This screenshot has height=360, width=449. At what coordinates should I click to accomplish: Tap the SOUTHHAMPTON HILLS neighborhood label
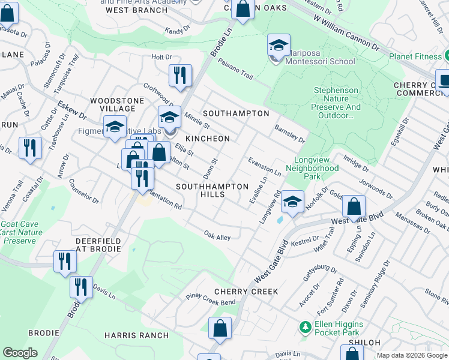pos(212,191)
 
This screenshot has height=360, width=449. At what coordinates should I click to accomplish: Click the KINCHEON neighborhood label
pos(207,139)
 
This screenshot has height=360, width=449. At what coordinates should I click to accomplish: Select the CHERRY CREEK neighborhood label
pos(247,292)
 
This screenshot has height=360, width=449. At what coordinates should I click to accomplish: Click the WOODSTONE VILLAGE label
pos(109,104)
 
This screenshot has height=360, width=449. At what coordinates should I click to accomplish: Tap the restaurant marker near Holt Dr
pos(180,75)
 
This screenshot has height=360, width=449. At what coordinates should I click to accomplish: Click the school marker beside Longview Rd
pos(292,201)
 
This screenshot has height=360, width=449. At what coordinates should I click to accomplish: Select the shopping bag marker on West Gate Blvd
pos(354,206)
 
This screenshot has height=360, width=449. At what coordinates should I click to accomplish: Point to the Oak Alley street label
pos(217,237)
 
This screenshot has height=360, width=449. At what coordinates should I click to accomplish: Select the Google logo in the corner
pos(20,353)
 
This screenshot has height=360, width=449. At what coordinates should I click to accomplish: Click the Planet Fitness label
pos(415,56)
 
